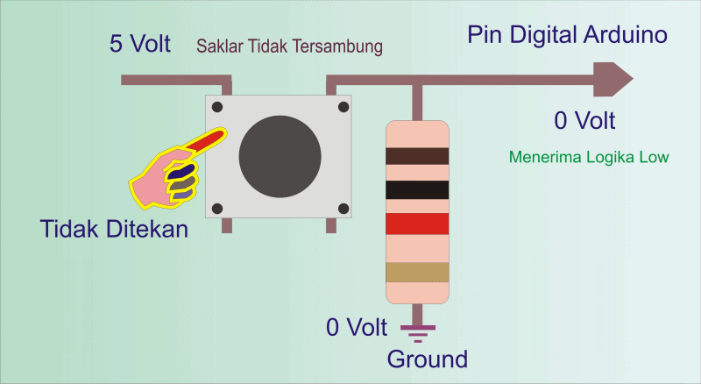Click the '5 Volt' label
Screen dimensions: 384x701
[x=140, y=44]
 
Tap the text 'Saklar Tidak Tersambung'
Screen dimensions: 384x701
[x=289, y=46]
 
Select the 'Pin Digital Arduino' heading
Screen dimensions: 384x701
[x=568, y=36]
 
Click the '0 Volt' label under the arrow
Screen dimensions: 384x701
[x=584, y=120]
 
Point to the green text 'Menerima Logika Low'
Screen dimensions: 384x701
[x=589, y=158]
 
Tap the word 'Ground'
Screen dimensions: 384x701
[x=428, y=359]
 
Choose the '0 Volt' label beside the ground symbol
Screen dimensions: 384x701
[x=356, y=328]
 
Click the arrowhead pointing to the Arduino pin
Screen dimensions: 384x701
[x=612, y=80]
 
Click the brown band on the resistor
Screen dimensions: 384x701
[x=418, y=156]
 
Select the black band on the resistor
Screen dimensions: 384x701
[x=418, y=189]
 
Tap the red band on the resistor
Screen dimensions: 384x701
[x=418, y=224]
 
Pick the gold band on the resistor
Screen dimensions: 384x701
[x=418, y=272]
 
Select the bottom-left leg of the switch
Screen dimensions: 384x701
[x=227, y=225]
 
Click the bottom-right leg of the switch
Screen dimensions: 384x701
[x=331, y=225]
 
